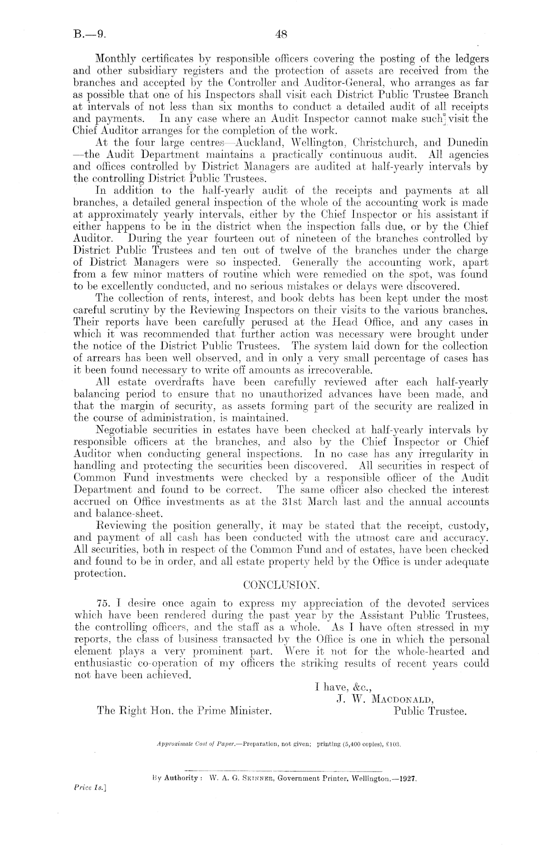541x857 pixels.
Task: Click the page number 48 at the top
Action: pyautogui.click(x=282, y=34)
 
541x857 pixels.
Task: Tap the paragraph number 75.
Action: pyautogui.click(x=105, y=604)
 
